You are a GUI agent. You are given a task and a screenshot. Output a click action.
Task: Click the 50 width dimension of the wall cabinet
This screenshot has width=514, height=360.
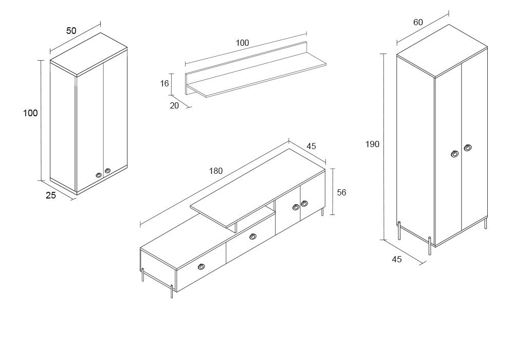click(71, 31)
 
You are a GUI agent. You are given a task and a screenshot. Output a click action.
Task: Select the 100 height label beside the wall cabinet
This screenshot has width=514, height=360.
click(31, 113)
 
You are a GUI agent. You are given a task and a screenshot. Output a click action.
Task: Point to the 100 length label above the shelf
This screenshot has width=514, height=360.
click(242, 43)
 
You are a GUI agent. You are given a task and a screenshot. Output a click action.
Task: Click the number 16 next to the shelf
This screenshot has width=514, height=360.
click(164, 83)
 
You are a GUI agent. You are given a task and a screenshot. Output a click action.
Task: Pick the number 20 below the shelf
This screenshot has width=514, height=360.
click(174, 105)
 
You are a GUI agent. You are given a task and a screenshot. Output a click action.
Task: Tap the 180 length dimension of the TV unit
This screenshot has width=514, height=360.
click(216, 171)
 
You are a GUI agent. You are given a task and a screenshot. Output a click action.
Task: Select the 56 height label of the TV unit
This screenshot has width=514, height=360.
click(341, 192)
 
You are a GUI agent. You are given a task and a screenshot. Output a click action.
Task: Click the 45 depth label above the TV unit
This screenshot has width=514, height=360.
click(311, 146)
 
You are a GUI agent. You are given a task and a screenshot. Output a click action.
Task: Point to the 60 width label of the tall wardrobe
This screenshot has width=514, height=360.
click(418, 22)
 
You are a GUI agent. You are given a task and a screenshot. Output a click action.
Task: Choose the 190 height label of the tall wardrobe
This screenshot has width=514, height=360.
click(372, 145)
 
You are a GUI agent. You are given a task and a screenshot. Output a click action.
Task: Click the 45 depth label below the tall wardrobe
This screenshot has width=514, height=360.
click(397, 259)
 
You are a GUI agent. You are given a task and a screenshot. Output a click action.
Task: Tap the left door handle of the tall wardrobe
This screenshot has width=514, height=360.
click(455, 153)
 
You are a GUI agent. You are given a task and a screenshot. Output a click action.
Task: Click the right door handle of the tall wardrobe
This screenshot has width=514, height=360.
click(468, 148)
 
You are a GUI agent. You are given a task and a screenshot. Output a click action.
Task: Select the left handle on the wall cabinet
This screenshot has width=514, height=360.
click(99, 175)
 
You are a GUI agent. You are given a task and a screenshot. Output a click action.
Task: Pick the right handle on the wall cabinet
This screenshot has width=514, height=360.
click(107, 171)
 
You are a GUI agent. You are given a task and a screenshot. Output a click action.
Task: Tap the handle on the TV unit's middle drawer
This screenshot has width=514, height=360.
click(252, 237)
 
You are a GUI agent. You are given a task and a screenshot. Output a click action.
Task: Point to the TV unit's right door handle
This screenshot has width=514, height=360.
click(304, 204)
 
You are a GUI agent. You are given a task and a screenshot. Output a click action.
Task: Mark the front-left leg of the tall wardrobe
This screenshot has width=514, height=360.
click(430, 245)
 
